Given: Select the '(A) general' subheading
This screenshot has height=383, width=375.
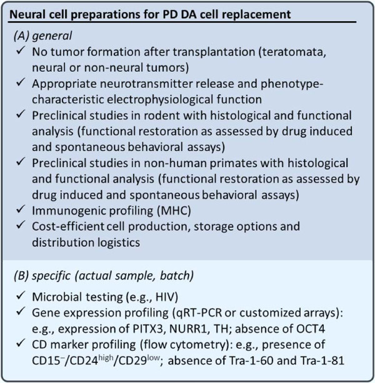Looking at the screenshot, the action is [43, 36].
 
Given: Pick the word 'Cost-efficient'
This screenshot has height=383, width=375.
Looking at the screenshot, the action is [68, 226].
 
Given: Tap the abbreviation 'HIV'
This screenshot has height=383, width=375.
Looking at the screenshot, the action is [165, 297].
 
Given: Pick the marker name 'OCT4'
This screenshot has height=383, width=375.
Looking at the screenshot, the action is [311, 329].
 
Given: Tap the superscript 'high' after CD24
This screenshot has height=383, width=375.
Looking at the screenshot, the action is [106, 357].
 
